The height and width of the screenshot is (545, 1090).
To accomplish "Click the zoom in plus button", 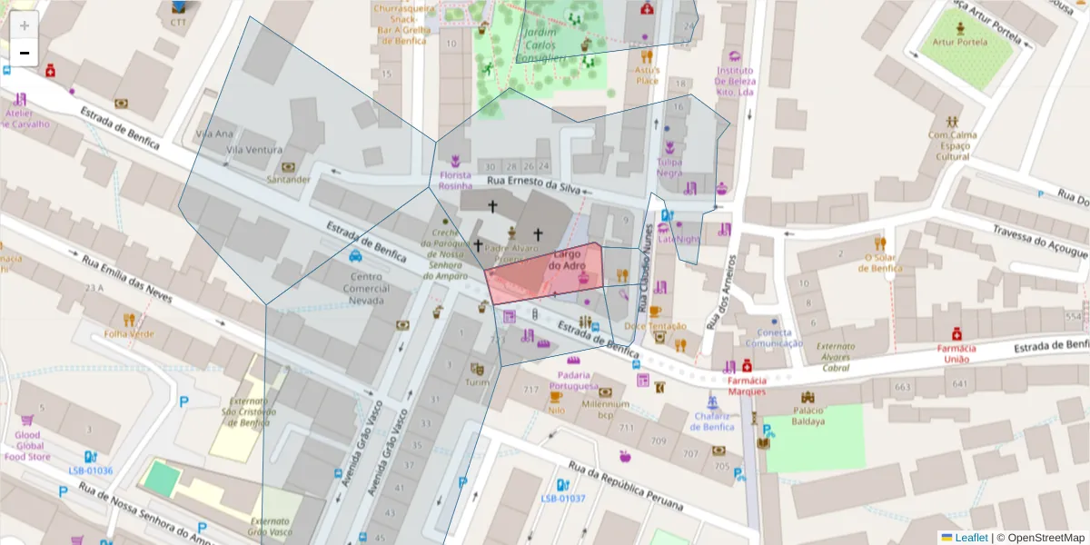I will [25, 25].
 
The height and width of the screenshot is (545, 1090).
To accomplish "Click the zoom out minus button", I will [25, 53].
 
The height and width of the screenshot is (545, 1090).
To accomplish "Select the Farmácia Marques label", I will [747, 386].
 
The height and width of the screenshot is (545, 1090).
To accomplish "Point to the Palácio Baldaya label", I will [808, 415].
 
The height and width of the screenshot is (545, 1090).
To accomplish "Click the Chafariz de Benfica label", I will [713, 421].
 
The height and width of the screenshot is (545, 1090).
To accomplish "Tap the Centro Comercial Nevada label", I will [365, 289].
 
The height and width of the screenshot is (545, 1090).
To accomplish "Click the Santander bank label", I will [289, 179].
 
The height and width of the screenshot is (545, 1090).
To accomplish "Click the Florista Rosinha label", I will [456, 180].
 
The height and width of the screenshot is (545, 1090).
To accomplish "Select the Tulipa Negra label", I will [669, 167].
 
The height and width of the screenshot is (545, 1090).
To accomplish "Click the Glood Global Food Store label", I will [27, 445].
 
